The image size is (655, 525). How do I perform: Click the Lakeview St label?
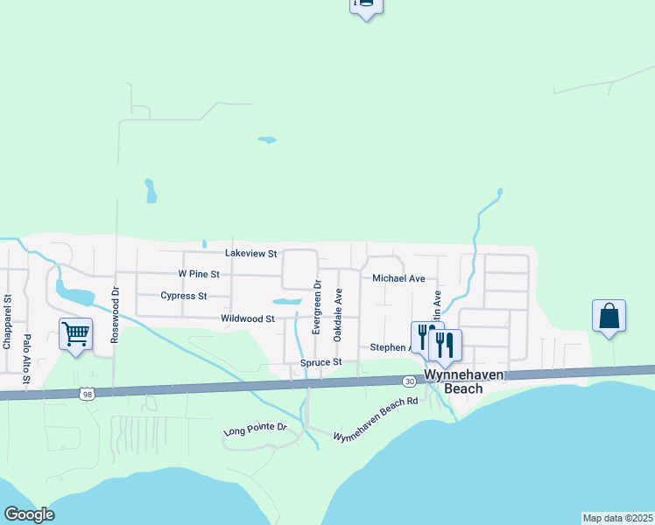(x=250, y=254)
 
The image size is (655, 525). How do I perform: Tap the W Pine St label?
(x=199, y=274)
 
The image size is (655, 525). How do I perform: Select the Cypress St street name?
(x=183, y=296)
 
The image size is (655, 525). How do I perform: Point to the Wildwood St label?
(x=248, y=319)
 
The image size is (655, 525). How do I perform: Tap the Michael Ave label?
(x=398, y=278)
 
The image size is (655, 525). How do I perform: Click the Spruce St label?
(x=320, y=362)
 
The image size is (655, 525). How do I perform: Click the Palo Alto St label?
(x=27, y=359)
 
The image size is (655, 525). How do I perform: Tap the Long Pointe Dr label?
(x=255, y=430)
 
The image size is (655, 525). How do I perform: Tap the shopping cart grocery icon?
(x=76, y=332)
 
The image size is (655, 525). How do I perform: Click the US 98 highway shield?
(x=86, y=395)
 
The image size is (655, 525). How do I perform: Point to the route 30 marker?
(x=410, y=381)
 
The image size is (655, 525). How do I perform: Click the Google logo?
(x=29, y=514)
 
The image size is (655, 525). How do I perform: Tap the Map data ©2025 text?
(x=617, y=518)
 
